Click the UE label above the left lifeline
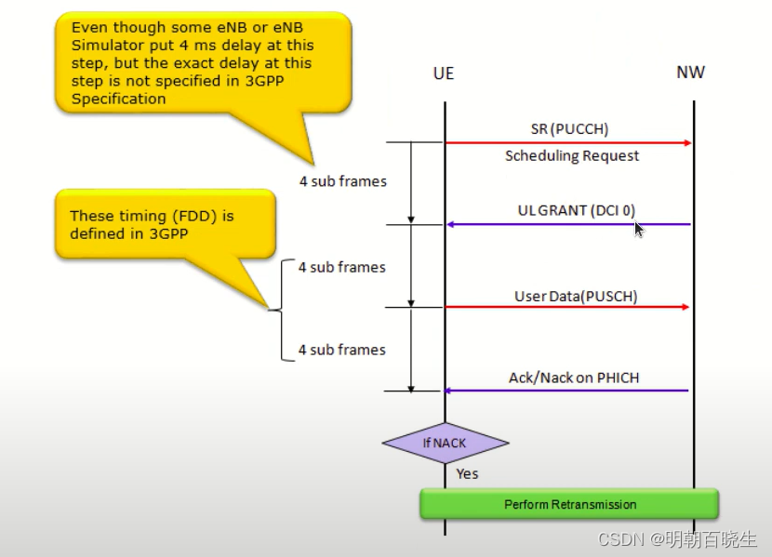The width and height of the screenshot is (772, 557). (x=444, y=73)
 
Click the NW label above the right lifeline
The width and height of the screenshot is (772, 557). (x=690, y=73)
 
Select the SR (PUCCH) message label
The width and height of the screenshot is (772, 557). (x=569, y=127)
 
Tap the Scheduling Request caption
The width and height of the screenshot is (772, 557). (x=572, y=155)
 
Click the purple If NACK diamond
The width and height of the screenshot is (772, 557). (x=445, y=443)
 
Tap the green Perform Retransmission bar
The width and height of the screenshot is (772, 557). (x=569, y=504)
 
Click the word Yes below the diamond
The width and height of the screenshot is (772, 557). (x=467, y=474)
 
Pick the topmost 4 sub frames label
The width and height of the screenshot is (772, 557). (x=342, y=181)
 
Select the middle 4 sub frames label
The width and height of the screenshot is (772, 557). (x=341, y=268)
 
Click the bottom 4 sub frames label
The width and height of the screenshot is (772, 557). (x=341, y=350)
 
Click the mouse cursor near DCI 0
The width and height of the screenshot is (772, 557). (x=639, y=229)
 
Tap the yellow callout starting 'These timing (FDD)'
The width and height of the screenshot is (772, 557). (x=166, y=224)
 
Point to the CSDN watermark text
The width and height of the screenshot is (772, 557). (x=676, y=539)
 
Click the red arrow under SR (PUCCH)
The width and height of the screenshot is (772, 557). (x=568, y=142)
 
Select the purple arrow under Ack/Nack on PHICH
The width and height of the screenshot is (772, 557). (x=568, y=391)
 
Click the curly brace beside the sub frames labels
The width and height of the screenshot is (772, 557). (x=279, y=310)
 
